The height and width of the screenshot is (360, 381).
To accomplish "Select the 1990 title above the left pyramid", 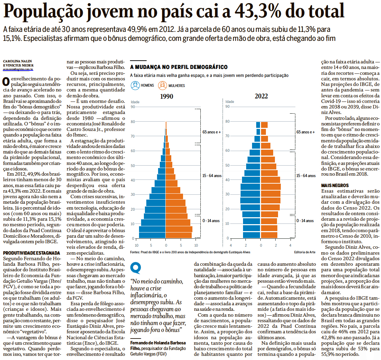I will [x=167, y=96].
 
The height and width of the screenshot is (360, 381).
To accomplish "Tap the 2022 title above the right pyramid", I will [x=261, y=96].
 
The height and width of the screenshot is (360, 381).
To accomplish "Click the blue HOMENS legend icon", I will [x=135, y=85].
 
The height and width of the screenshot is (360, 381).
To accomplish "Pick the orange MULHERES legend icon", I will [x=162, y=85].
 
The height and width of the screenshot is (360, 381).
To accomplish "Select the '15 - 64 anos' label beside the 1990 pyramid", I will [x=212, y=176].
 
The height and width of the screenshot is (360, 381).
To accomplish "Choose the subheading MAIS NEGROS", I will [x=335, y=186].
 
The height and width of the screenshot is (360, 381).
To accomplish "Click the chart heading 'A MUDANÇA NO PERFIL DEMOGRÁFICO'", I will [x=179, y=67].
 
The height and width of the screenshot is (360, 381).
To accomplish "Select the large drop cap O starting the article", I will [x=6, y=82].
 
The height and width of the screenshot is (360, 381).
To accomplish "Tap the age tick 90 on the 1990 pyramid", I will [x=133, y=107].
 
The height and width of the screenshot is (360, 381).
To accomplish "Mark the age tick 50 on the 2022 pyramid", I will [x=227, y=165].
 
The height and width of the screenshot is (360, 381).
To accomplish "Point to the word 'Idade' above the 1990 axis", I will [x=135, y=102].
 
